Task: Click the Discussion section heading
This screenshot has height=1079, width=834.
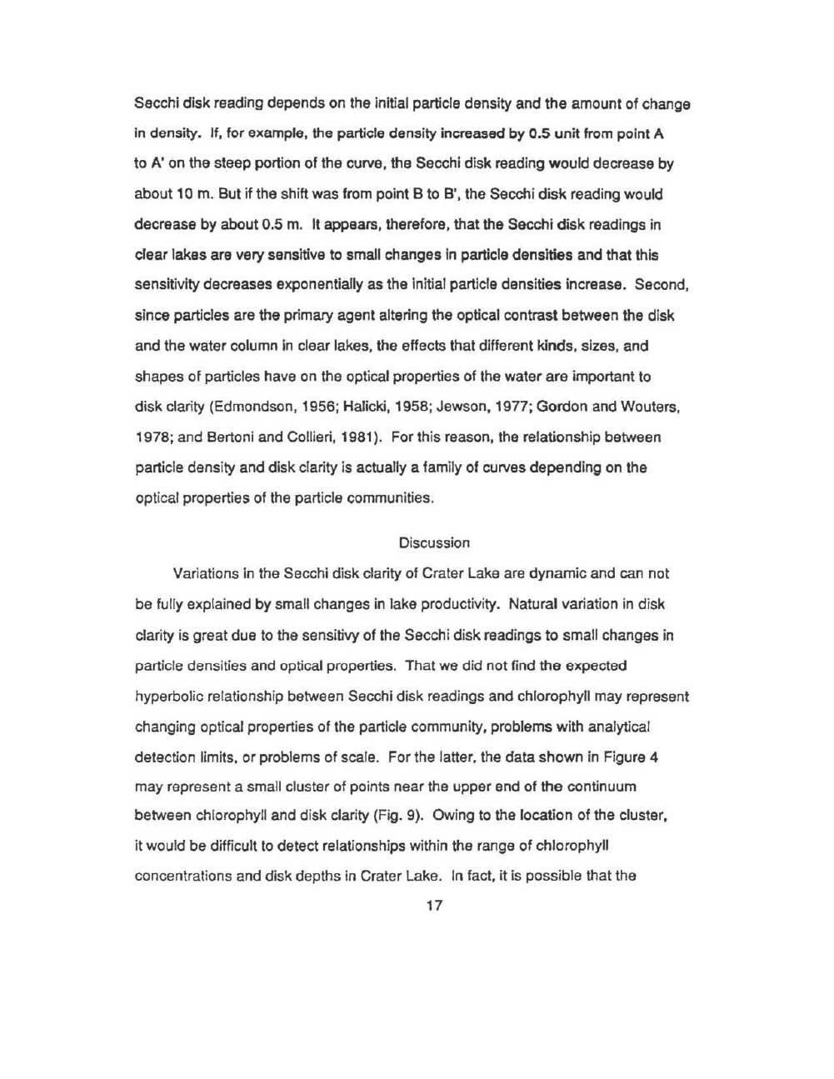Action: (x=434, y=542)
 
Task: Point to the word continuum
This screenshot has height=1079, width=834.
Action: (x=602, y=786)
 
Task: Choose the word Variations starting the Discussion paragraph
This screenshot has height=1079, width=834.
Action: (x=206, y=574)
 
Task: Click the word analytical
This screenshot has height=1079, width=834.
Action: (x=617, y=726)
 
